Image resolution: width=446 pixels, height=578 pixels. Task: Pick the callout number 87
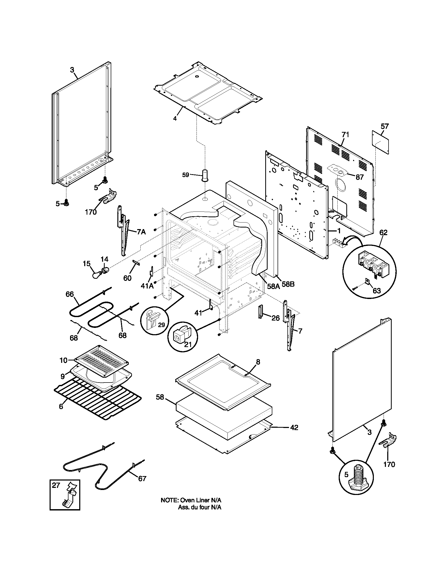(x=360, y=177)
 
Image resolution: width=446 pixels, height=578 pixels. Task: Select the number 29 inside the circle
(x=161, y=324)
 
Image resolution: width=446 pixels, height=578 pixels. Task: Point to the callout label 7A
(x=141, y=232)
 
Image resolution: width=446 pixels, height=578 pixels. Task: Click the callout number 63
(x=376, y=291)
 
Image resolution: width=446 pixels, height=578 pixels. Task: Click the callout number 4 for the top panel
(x=175, y=118)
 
